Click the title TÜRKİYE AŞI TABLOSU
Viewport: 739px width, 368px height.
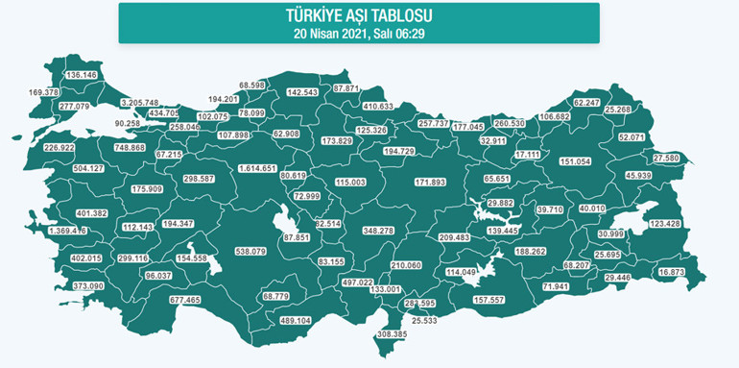point(359,16)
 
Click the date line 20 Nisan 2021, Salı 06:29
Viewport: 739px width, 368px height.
point(359,33)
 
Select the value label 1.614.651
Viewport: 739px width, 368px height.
point(257,168)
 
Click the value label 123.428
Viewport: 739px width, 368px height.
point(665,224)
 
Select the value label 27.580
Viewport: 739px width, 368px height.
point(666,158)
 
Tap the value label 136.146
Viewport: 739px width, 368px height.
point(82,75)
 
